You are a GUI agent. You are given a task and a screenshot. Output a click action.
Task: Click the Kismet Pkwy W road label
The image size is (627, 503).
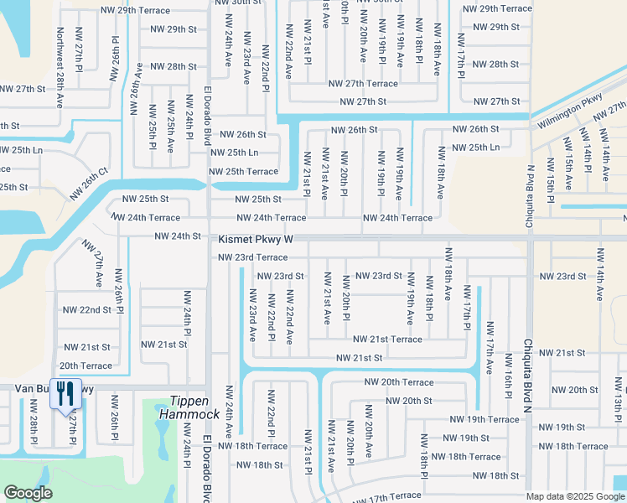(256, 239)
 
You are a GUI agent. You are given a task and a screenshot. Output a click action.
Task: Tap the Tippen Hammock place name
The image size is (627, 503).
(194, 407)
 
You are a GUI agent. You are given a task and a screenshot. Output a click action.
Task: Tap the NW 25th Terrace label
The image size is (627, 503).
(243, 172)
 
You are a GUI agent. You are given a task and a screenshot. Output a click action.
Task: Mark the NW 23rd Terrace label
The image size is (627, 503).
(252, 257)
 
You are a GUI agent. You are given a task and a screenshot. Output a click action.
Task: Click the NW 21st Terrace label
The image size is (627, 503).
(387, 339)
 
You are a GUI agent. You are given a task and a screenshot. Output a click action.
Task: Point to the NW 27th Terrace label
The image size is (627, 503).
(363, 84)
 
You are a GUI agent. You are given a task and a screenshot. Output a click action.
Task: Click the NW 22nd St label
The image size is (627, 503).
(87, 309)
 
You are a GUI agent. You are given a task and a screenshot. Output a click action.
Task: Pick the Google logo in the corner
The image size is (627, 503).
(28, 493)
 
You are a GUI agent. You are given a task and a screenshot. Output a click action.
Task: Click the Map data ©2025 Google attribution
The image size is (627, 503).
(574, 496)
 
